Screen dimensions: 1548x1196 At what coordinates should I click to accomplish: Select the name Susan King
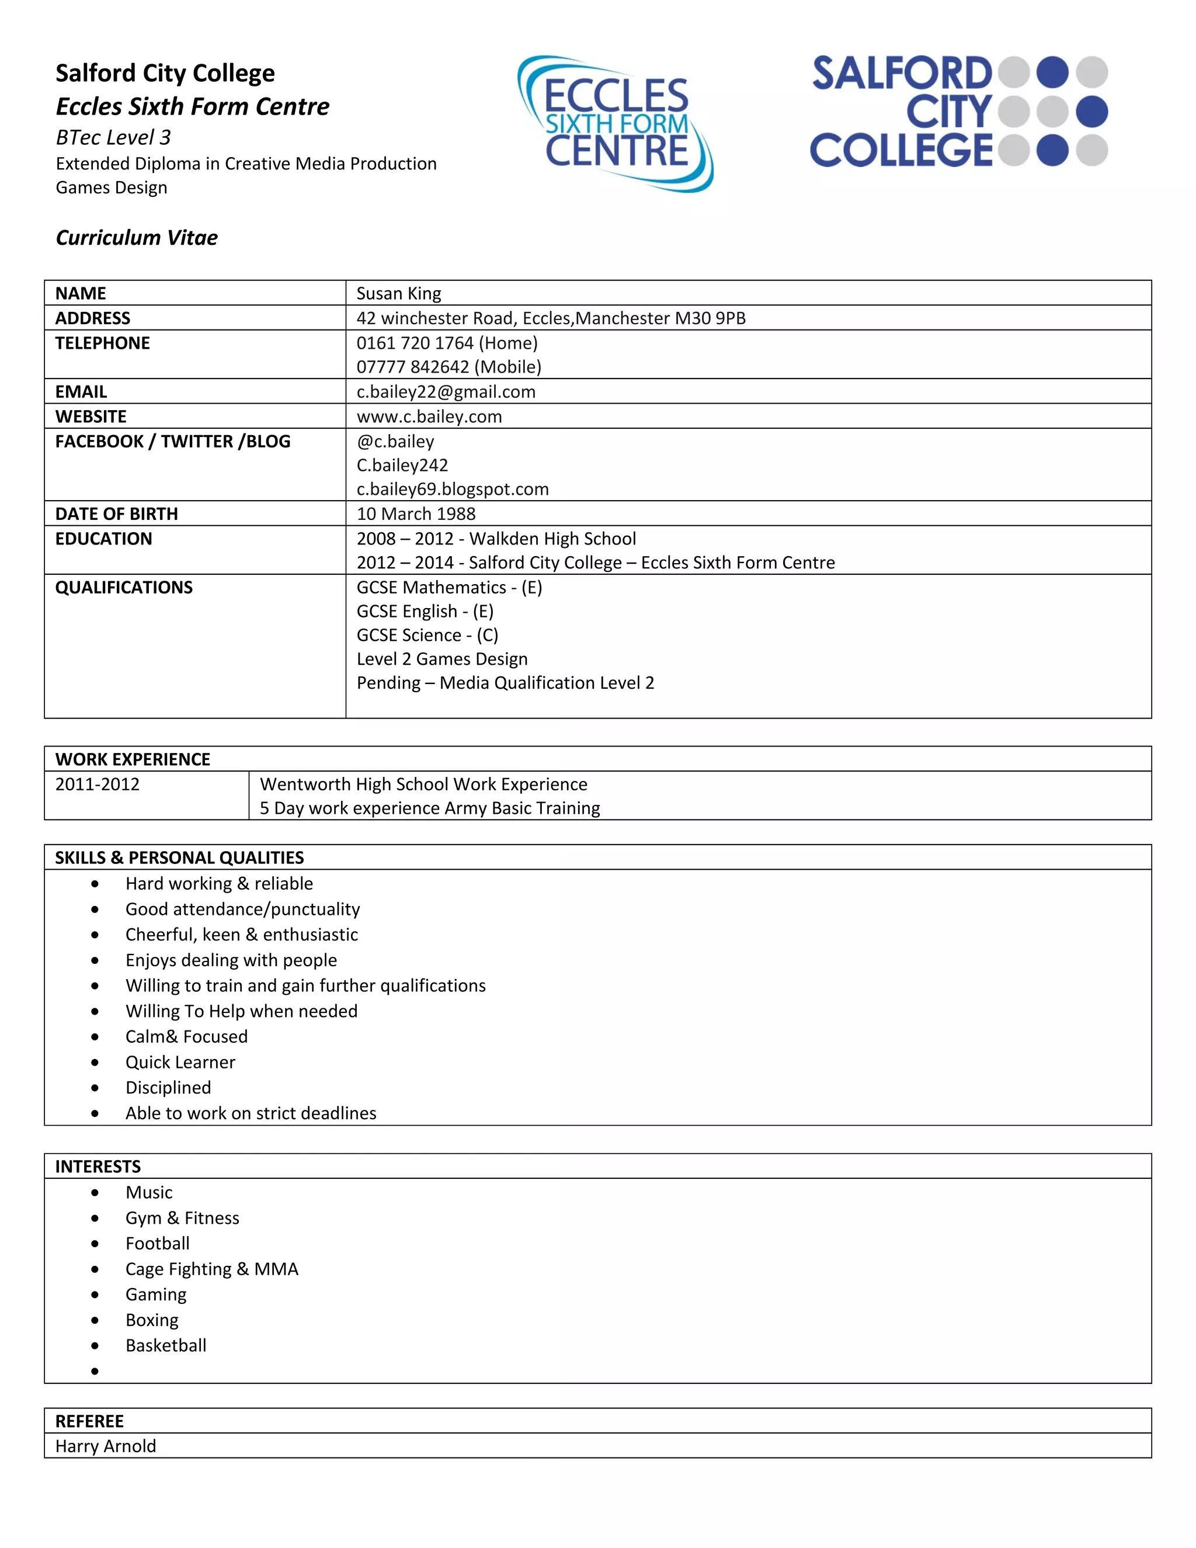398,293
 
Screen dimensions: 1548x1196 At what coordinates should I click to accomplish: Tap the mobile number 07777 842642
412,367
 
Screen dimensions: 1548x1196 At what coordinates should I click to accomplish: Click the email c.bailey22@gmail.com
446,392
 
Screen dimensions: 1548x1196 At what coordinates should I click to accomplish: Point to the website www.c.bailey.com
429,416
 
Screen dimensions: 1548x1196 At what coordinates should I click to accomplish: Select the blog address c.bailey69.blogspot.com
452,489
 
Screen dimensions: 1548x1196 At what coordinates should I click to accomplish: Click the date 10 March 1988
416,514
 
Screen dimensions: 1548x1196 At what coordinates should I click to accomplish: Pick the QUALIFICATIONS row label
124,588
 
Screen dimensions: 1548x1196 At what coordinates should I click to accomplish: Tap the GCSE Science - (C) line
427,635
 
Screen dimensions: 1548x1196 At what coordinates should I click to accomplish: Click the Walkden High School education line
496,539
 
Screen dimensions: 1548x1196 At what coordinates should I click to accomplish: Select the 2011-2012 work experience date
97,785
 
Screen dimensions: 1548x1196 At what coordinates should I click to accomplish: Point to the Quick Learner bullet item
180,1063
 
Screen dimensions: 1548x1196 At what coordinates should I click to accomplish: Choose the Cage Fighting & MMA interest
212,1269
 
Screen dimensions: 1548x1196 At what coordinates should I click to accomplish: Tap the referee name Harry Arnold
106,1446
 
